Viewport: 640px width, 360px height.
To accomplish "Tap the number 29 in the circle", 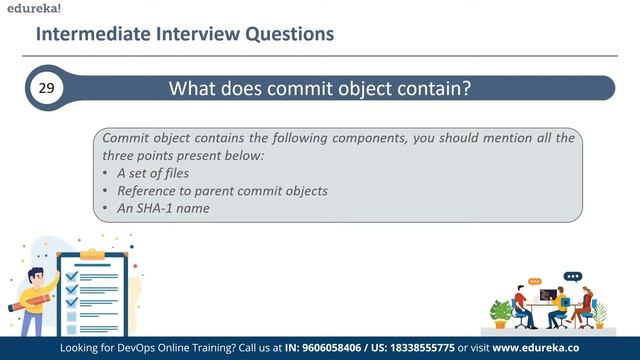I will [46, 88].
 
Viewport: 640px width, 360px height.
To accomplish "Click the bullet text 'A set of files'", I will [152, 173].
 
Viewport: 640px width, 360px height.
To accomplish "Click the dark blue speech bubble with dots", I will [572, 276].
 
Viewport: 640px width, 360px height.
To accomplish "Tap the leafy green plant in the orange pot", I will [499, 311].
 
